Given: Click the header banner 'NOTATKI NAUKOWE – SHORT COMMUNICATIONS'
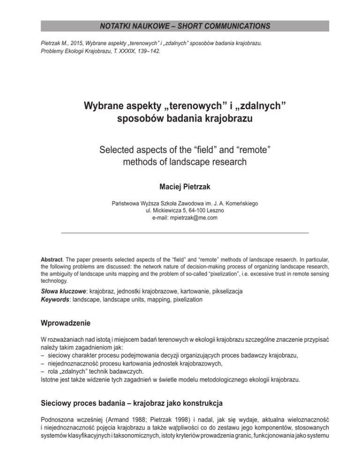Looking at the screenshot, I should [x=180, y=25].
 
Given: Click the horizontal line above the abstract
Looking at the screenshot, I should [x=185, y=233].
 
